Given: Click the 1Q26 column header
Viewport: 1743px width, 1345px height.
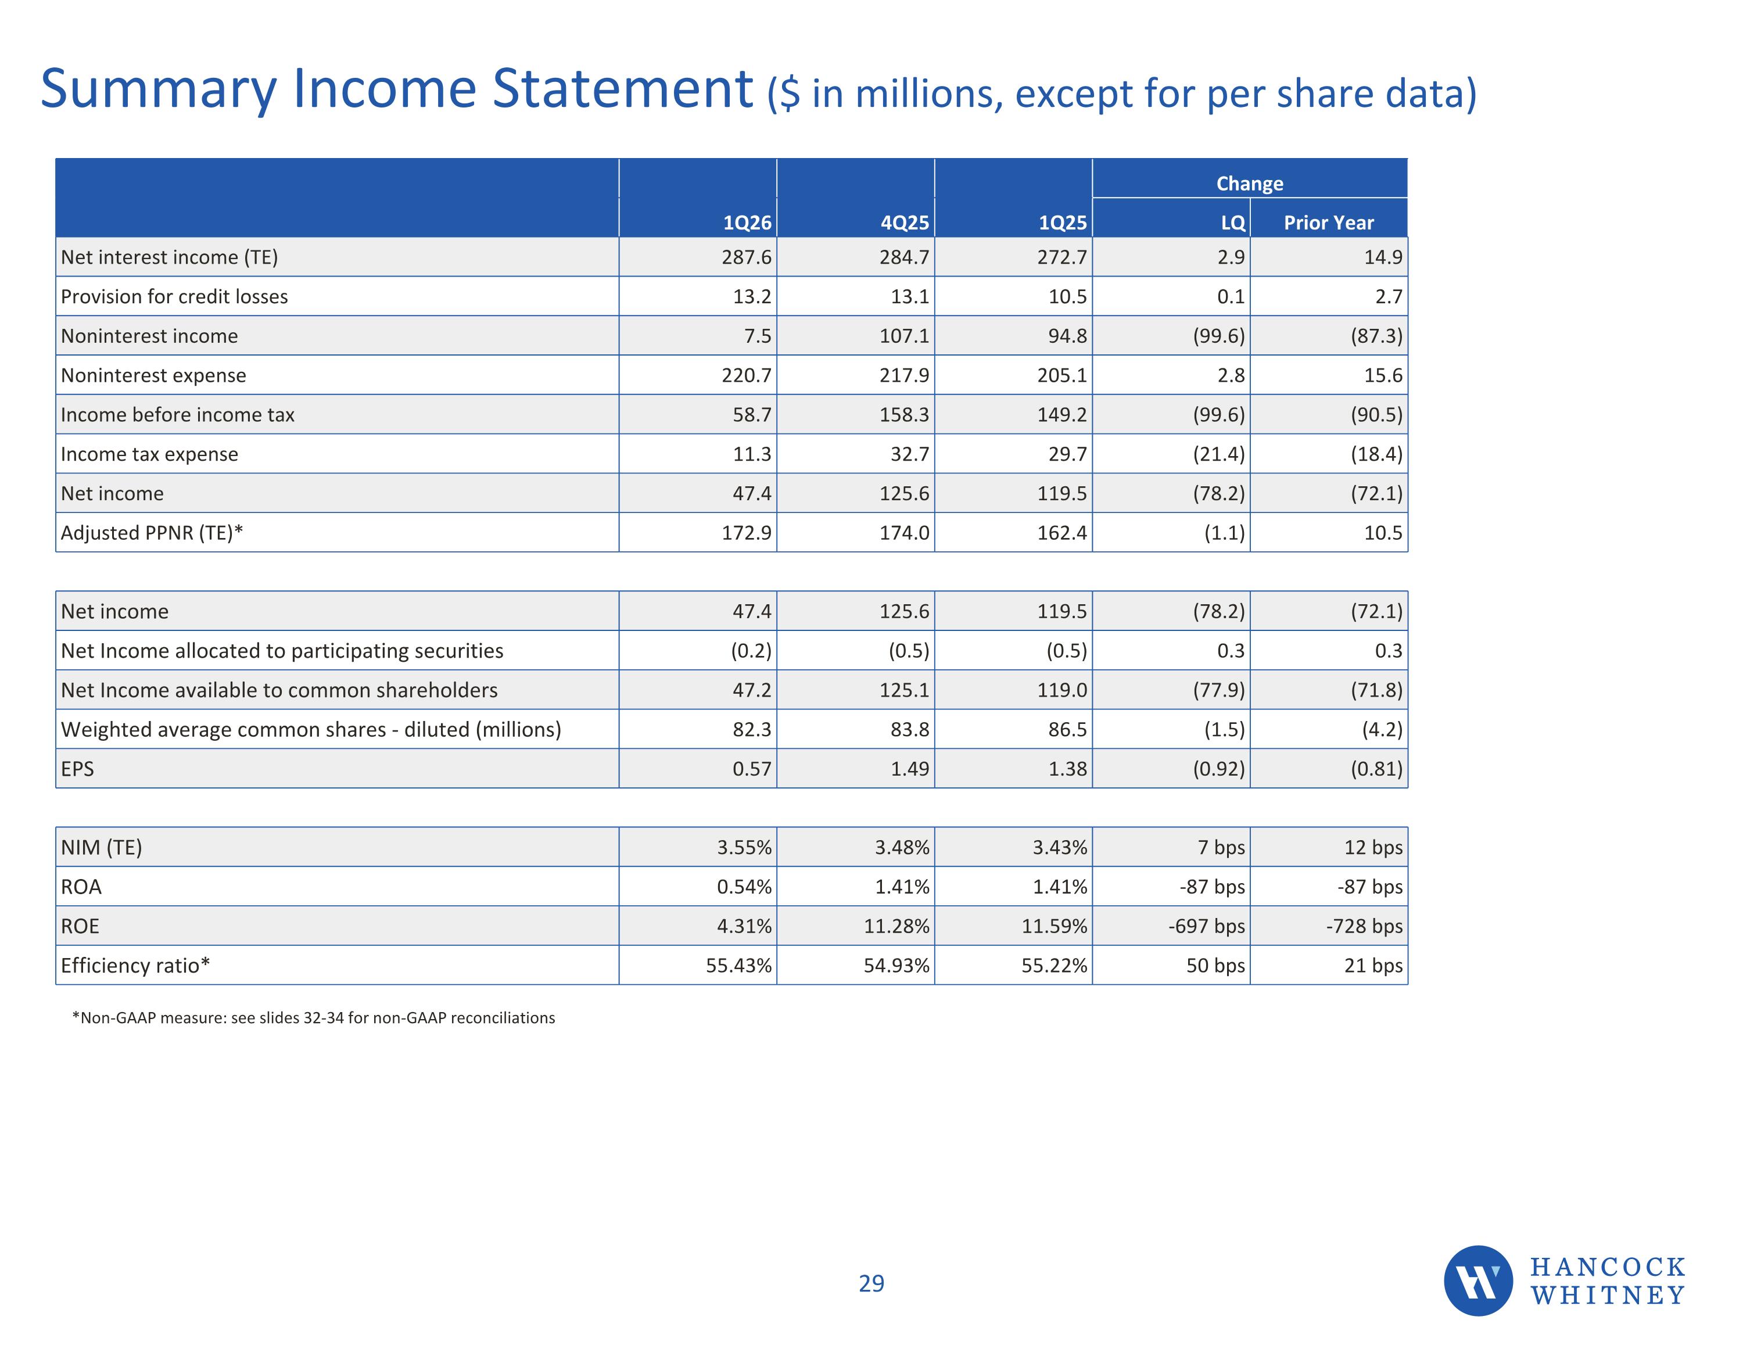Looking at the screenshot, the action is click(x=747, y=223).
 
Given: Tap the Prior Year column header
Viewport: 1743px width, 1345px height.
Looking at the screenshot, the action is click(x=1329, y=223).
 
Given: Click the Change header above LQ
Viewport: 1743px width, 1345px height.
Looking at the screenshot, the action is click(x=1250, y=184).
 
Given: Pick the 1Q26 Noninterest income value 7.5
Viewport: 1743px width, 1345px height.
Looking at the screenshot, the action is click(x=758, y=336).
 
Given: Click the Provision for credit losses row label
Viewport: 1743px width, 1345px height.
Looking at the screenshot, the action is click(x=174, y=297).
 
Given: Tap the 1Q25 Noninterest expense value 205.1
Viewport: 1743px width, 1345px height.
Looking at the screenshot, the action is click(x=1062, y=375).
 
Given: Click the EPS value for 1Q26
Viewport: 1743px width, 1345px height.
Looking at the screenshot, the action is click(x=752, y=769).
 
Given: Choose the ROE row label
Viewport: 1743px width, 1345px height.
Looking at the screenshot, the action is click(x=80, y=926).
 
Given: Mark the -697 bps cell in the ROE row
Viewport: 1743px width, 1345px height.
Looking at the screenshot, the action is click(x=1207, y=926).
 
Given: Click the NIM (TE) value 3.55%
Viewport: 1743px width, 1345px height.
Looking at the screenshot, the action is click(x=744, y=848).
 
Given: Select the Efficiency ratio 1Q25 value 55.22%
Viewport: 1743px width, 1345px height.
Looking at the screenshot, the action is click(x=1055, y=966).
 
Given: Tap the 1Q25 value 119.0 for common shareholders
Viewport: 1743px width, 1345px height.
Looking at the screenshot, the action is click(x=1062, y=690).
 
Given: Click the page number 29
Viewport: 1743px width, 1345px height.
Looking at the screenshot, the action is click(x=871, y=1283).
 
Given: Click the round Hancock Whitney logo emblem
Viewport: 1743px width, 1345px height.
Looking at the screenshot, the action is click(x=1478, y=1281).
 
